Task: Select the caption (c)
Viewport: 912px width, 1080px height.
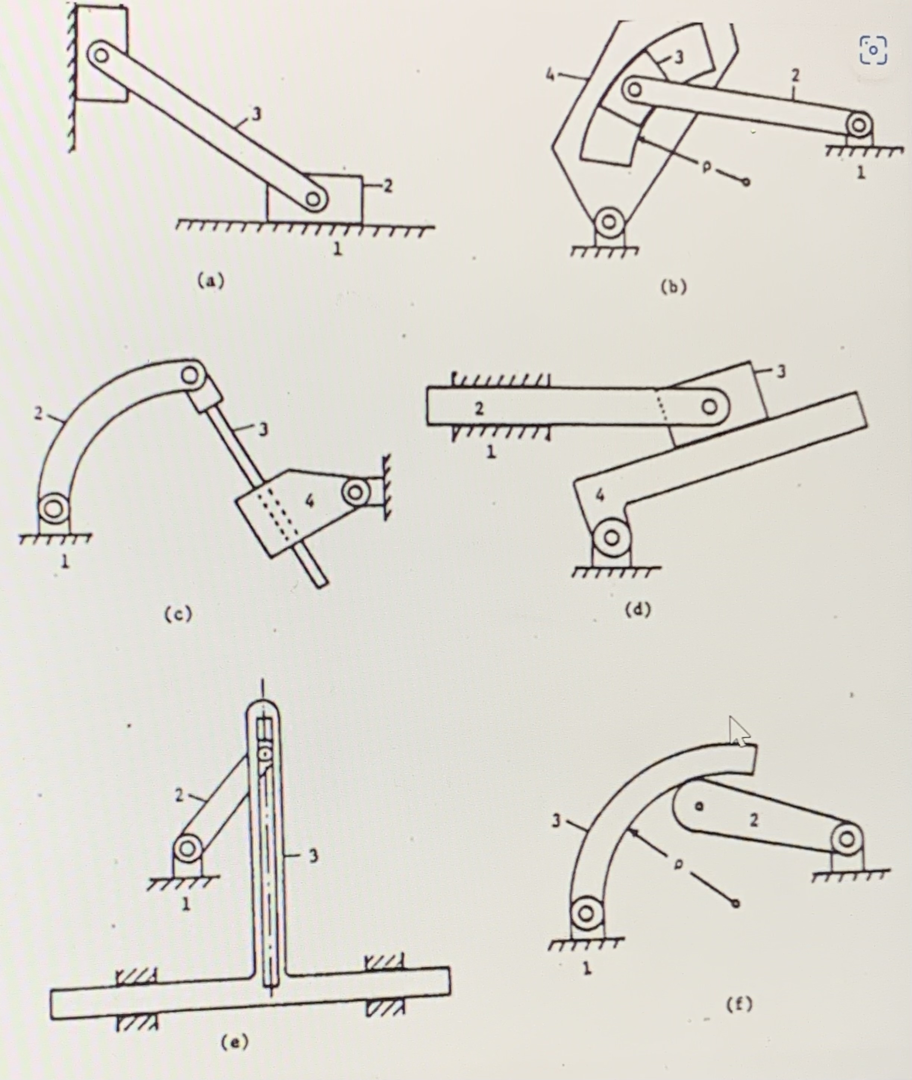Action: click(178, 614)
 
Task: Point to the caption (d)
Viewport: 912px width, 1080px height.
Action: click(637, 610)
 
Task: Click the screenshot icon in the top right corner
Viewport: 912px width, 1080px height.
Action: click(873, 50)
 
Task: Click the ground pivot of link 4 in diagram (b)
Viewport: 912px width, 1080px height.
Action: click(609, 222)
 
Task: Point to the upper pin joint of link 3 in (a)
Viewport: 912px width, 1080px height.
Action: click(100, 55)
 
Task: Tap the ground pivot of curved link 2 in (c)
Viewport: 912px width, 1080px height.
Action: click(53, 508)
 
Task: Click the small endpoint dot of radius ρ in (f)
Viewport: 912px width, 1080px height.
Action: click(736, 903)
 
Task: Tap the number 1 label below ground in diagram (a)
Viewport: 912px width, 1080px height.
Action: click(338, 249)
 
